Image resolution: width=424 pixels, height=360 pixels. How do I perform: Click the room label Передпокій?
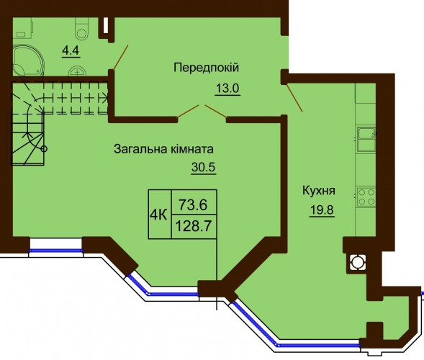(x=207, y=68)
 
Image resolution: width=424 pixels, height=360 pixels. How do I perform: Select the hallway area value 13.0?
(x=227, y=88)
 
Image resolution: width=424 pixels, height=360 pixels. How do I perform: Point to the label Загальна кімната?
(x=163, y=149)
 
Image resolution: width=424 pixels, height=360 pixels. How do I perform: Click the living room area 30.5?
(x=203, y=168)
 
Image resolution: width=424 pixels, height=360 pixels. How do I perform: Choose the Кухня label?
(x=319, y=191)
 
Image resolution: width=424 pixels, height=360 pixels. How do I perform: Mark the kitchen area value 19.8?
(x=322, y=210)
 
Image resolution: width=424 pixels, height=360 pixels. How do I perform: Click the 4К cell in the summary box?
(x=158, y=215)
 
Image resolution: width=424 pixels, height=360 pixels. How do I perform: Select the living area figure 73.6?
(x=194, y=204)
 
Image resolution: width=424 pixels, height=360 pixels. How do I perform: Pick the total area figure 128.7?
(x=194, y=226)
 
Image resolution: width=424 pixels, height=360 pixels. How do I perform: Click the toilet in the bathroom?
(x=81, y=29)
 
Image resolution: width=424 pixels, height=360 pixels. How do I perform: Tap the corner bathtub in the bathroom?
(x=28, y=60)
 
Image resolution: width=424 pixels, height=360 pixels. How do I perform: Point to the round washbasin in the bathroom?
(x=78, y=71)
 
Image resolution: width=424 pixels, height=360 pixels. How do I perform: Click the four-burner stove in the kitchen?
(x=366, y=197)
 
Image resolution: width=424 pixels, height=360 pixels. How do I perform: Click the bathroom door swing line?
(x=121, y=58)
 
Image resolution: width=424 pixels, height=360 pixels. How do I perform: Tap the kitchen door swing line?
(x=294, y=98)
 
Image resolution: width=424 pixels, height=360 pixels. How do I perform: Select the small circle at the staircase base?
(x=45, y=149)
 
